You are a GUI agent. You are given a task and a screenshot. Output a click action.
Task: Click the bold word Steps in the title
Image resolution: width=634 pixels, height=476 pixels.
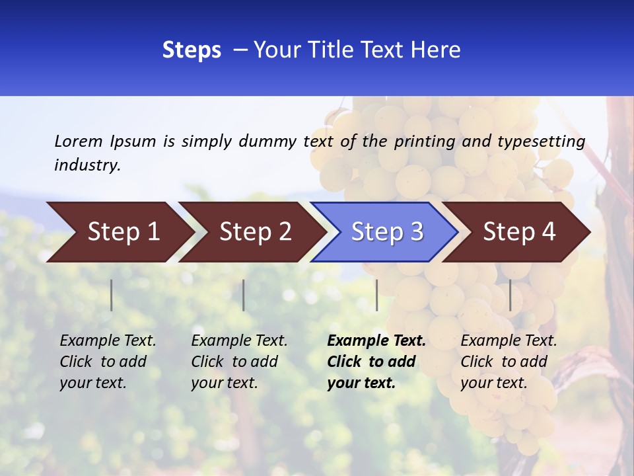[x=192, y=50]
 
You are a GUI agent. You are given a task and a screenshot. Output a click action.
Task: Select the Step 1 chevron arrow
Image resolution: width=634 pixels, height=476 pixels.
[x=119, y=232]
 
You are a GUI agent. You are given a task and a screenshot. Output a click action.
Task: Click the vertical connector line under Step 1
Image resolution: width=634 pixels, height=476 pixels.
[x=112, y=295]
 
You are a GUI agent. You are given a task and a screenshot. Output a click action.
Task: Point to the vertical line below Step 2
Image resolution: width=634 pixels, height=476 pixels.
[x=244, y=295]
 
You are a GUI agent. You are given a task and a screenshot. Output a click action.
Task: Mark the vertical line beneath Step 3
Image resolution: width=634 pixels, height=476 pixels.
[x=377, y=295]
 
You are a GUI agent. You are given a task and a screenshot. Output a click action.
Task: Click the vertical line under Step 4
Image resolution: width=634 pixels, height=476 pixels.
[x=510, y=295]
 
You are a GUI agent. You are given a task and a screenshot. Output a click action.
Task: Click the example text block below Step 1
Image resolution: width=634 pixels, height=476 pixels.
[x=108, y=362]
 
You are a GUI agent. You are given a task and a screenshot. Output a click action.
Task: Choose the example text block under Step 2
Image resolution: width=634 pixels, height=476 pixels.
[x=239, y=362]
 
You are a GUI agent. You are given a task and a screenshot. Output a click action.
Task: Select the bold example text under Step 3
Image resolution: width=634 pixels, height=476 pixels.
[x=376, y=362]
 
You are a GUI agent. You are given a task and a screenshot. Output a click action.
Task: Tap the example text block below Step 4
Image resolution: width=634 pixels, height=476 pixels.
[x=509, y=362]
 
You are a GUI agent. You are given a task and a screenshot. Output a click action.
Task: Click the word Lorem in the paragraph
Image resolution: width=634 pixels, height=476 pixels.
[x=79, y=141]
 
